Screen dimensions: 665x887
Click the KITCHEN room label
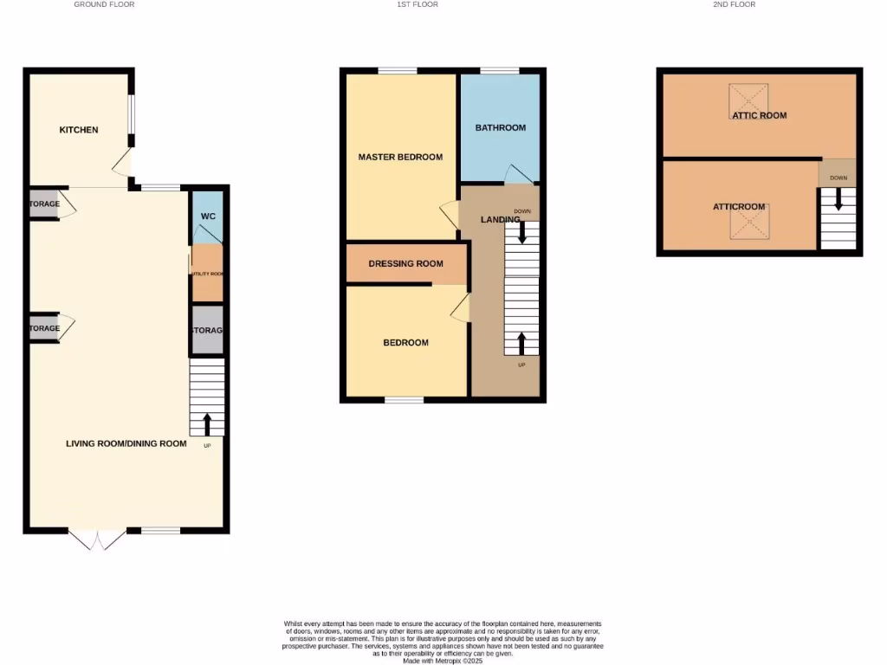tap(78, 130)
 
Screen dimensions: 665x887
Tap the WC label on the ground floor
tap(208, 216)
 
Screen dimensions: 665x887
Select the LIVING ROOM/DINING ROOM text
tap(126, 443)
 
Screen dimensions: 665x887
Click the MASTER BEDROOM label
tap(400, 157)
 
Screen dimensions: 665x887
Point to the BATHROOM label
tap(501, 127)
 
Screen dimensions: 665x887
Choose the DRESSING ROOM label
tap(405, 264)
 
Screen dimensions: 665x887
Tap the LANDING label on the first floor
tap(501, 220)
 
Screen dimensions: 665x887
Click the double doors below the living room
tap(97, 539)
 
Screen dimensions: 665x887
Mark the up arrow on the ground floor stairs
tap(207, 424)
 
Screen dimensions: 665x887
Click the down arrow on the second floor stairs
tap(838, 200)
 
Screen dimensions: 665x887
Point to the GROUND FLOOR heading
tap(104, 4)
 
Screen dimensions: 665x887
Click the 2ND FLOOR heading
tap(735, 4)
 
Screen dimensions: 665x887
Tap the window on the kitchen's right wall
tap(132, 121)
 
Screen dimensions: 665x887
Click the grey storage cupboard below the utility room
tap(207, 330)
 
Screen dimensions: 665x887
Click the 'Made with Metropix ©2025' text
tap(443, 660)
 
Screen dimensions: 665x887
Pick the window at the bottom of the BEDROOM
tap(405, 400)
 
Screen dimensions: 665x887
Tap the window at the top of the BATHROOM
tap(500, 70)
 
